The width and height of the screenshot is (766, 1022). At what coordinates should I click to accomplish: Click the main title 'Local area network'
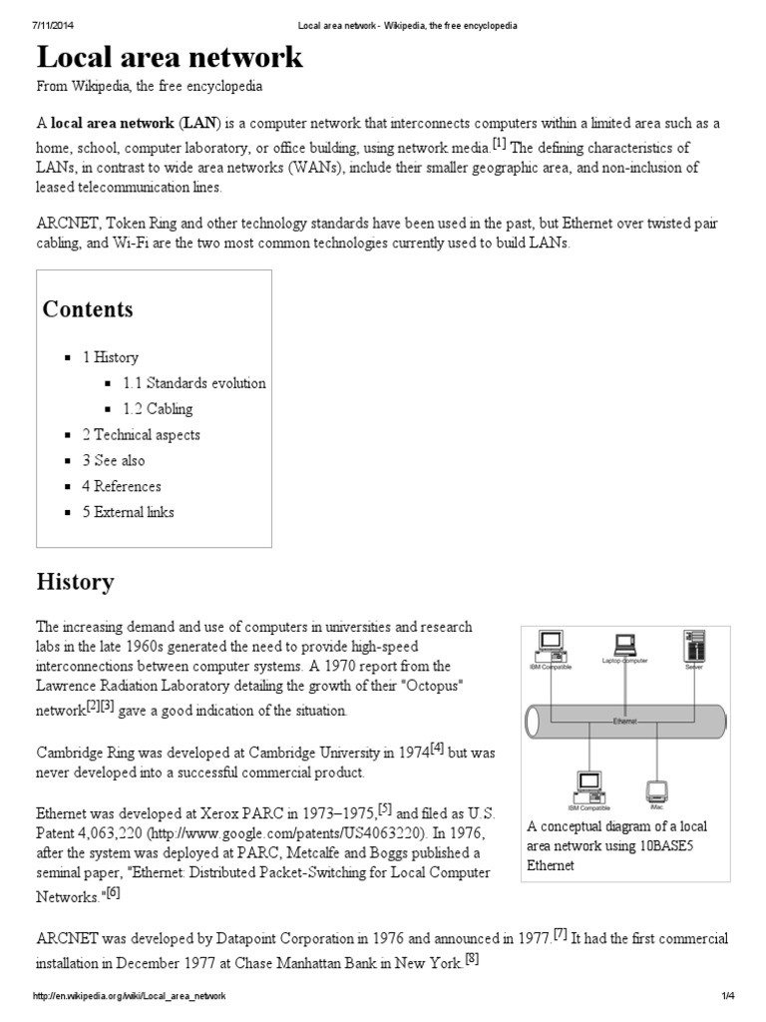pyautogui.click(x=170, y=57)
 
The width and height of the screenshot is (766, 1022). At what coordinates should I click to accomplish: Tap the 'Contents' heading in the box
pyautogui.click(x=87, y=309)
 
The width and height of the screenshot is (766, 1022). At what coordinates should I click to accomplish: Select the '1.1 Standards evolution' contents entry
pyautogui.click(x=194, y=383)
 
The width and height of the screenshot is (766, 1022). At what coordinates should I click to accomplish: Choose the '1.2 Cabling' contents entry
pyautogui.click(x=158, y=409)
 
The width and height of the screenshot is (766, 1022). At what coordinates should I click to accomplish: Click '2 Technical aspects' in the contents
pyautogui.click(x=141, y=435)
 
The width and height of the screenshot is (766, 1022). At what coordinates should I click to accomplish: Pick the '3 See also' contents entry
pyautogui.click(x=113, y=461)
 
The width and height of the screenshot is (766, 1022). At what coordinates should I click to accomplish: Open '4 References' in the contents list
pyautogui.click(x=121, y=487)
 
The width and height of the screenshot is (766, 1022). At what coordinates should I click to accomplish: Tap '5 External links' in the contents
pyautogui.click(x=128, y=513)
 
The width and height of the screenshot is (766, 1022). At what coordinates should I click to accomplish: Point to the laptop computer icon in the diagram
pyautogui.click(x=625, y=644)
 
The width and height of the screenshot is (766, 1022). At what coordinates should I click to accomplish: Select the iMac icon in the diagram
pyautogui.click(x=655, y=791)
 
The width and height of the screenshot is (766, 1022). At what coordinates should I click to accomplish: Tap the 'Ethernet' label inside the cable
pyautogui.click(x=625, y=719)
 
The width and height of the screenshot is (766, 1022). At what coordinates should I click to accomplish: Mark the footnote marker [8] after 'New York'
pyautogui.click(x=472, y=960)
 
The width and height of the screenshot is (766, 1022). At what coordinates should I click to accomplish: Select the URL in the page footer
pyautogui.click(x=131, y=997)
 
